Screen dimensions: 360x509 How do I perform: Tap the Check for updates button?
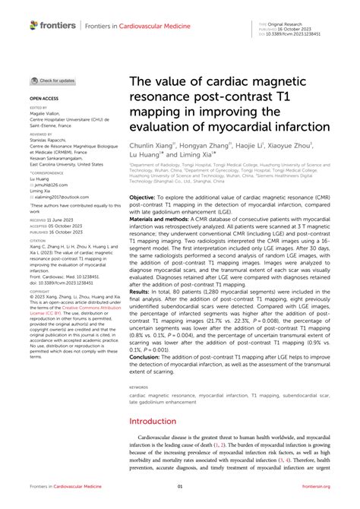tap(53, 80)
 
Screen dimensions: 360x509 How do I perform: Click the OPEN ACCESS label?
tap(45, 99)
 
